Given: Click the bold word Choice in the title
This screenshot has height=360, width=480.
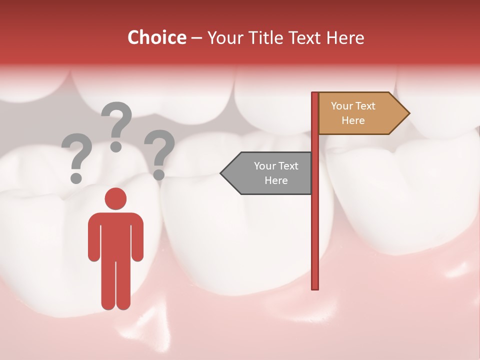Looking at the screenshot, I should pos(156,37).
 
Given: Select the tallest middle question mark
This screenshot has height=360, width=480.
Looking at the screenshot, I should pos(117,125).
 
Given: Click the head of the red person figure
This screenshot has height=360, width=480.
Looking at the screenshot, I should pos(115,198).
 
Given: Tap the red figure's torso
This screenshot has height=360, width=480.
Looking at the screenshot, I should pos(115,235).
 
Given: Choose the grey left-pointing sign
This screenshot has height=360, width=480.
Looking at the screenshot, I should pos(270,173).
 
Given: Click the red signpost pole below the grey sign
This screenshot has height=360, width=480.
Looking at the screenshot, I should pos(315,240).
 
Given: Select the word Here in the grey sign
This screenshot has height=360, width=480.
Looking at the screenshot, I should pos(276,180).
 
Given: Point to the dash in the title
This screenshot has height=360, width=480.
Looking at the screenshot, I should pos(196,38).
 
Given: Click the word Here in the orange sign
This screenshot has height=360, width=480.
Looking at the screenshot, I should pos(353,120).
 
